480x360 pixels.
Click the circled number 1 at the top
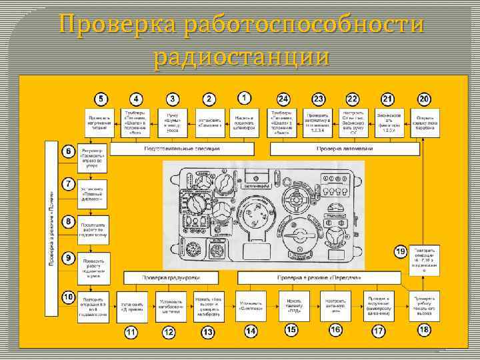point(245,97)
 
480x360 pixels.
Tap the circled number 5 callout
point(100,99)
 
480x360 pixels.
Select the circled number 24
point(283,99)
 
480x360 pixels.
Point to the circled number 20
point(424,99)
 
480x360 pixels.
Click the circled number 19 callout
point(401,251)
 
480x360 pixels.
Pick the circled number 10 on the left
point(68,296)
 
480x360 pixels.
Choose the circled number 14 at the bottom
point(251,330)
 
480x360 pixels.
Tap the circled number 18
point(424,329)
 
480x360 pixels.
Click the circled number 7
point(68,183)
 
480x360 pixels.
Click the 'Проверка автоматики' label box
point(340,149)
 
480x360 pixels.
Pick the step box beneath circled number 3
point(172,123)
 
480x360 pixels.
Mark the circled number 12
point(169,331)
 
